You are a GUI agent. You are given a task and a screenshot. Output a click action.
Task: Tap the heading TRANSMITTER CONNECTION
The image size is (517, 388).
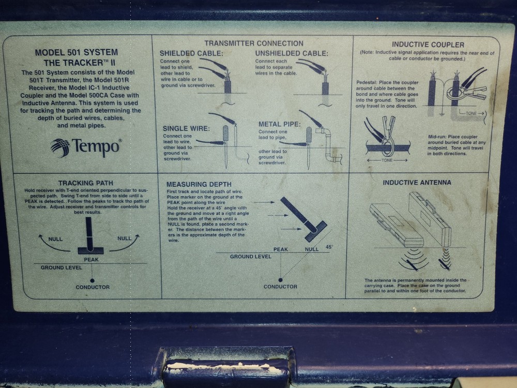pos(253,43)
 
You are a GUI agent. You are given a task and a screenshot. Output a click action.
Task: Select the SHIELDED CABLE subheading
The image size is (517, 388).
pos(191,53)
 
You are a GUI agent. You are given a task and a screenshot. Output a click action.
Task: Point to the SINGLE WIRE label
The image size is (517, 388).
pos(186,128)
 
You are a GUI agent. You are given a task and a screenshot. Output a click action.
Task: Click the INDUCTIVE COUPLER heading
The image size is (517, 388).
pos(428,44)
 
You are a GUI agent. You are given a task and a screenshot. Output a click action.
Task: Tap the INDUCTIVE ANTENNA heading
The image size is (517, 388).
pos(417,182)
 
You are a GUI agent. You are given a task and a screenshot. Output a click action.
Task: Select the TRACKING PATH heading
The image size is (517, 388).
pos(86,183)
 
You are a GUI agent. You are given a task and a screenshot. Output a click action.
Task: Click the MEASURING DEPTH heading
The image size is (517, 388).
pos(199,184)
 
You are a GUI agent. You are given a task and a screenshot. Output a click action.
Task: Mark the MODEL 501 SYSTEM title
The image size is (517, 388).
pos(76,52)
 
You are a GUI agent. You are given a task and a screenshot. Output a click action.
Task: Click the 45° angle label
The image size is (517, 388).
pos(329,247)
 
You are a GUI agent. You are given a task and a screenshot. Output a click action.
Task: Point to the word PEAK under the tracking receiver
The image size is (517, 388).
pos(91,259)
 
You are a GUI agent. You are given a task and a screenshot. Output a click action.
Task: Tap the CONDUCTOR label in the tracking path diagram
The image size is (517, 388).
pos(93,287)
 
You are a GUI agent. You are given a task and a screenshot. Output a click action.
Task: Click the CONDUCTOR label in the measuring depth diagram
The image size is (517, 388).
pos(280,286)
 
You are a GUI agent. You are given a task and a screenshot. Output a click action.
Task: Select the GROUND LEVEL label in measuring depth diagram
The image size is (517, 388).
pos(250,256)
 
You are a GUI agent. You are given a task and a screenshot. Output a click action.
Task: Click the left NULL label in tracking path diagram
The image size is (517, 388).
pos(55,239)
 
